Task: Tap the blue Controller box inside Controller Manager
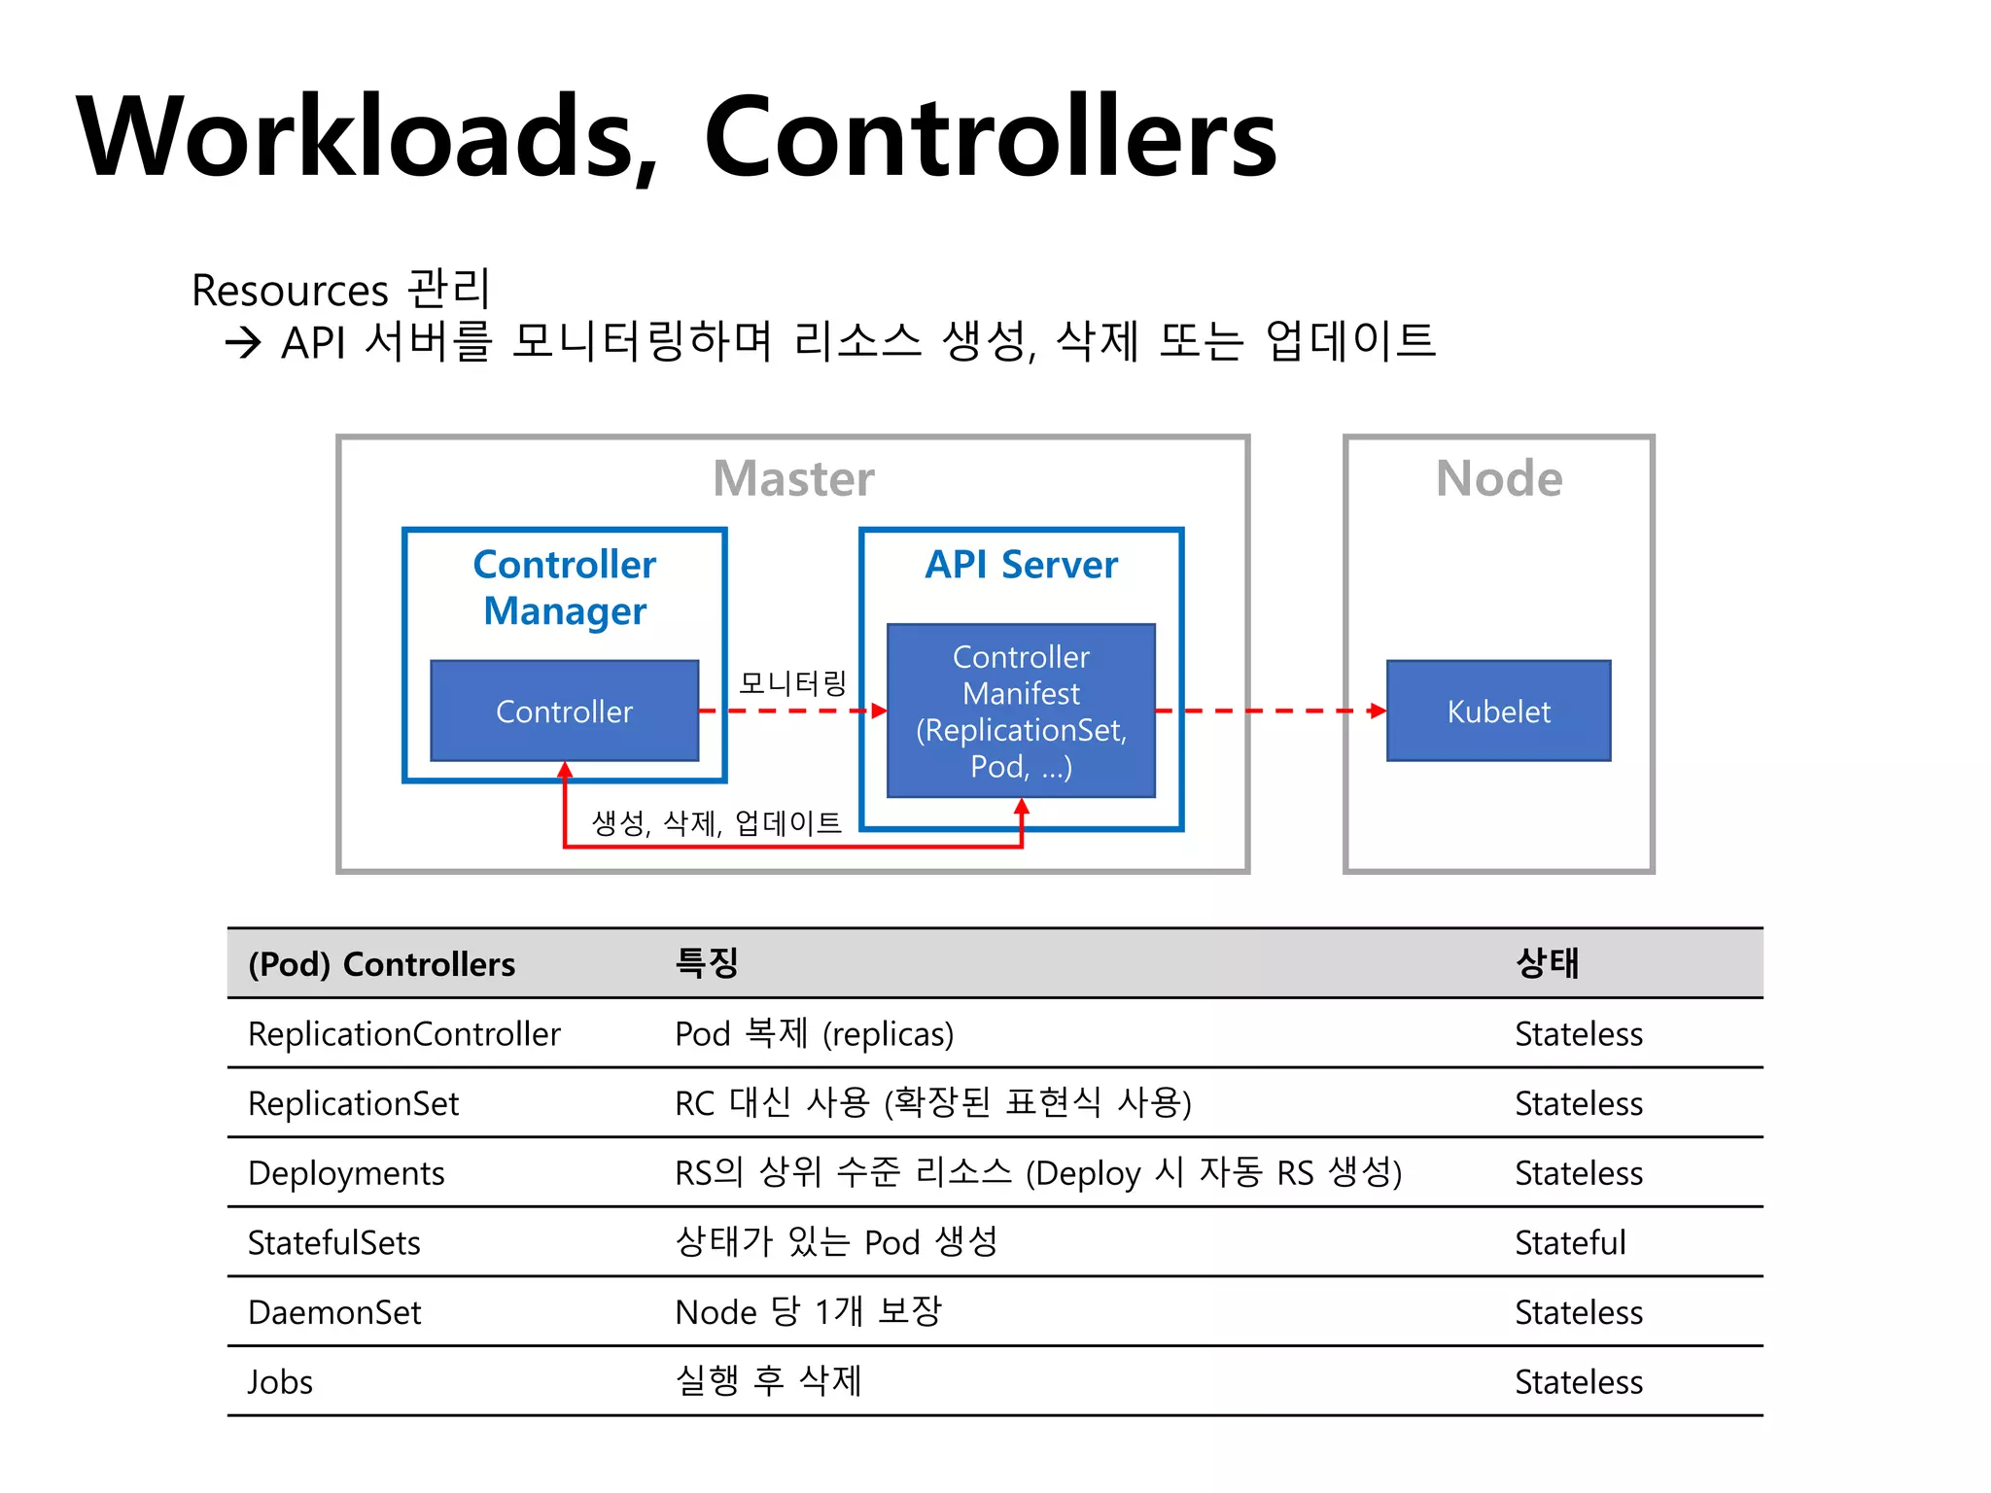tap(564, 711)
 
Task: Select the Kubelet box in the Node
tap(1498, 711)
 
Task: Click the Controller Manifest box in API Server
tap(1021, 711)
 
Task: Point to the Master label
tap(793, 478)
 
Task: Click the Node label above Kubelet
tap(1498, 478)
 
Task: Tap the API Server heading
tap(1021, 564)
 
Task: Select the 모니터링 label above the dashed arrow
tap(792, 682)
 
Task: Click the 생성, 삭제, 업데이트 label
tap(716, 823)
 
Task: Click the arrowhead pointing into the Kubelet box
tap(1377, 711)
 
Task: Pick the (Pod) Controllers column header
tap(381, 964)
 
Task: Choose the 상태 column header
tap(1547, 963)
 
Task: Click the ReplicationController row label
tap(403, 1034)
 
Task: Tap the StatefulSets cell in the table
tap(333, 1243)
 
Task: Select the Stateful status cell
tap(1569, 1243)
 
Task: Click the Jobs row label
tap(280, 1382)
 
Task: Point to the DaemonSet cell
tap(334, 1313)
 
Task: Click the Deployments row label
tap(346, 1173)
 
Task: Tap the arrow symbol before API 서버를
tap(243, 342)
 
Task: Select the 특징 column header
tap(707, 963)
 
